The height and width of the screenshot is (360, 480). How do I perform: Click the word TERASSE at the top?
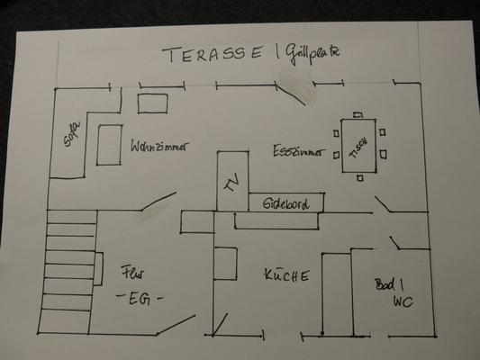213,54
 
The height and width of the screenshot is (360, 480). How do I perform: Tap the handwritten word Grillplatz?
312,54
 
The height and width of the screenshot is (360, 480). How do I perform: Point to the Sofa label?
72,134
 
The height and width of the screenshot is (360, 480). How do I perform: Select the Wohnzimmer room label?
158,146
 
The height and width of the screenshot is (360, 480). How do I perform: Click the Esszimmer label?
299,151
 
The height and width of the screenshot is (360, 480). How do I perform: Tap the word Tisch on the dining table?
358,148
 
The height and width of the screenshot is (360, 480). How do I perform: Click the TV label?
232,183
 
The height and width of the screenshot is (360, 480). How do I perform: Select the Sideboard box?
286,202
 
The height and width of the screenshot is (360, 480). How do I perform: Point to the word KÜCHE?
286,274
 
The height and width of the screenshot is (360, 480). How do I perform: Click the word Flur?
132,272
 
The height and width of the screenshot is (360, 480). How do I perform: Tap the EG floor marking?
140,298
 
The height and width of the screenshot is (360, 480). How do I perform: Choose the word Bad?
385,285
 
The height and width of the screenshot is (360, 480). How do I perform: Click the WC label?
403,301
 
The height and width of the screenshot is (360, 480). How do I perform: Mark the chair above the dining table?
358,115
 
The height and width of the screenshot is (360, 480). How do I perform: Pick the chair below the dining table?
360,177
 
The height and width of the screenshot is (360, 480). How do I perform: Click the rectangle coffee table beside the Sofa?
109,145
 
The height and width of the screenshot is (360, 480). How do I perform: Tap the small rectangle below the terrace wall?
152,103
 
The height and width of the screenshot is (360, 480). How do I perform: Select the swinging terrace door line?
290,94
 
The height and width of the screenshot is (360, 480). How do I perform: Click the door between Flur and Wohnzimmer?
158,202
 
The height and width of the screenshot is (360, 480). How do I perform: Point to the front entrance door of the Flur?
176,325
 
